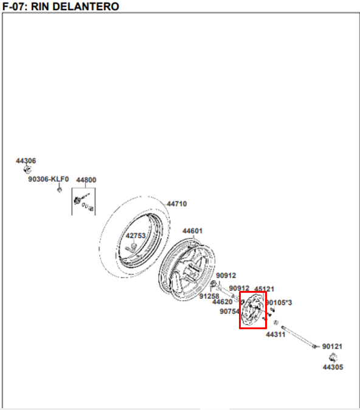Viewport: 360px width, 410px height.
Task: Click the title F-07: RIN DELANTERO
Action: pyautogui.click(x=60, y=7)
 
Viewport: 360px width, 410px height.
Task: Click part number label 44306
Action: pyautogui.click(x=26, y=160)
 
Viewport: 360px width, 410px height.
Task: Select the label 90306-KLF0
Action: pyautogui.click(x=49, y=179)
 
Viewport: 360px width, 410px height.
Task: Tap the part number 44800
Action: pyautogui.click(x=86, y=180)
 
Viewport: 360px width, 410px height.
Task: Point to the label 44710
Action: pyautogui.click(x=177, y=203)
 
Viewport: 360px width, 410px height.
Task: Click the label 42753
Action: pyautogui.click(x=136, y=236)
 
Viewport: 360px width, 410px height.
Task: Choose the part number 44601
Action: pyautogui.click(x=192, y=231)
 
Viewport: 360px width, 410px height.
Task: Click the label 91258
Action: pyautogui.click(x=209, y=296)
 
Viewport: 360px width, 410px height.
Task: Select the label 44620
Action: pyautogui.click(x=223, y=302)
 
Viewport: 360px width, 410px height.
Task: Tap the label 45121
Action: pyautogui.click(x=264, y=289)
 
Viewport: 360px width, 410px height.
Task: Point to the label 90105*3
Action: pyautogui.click(x=279, y=302)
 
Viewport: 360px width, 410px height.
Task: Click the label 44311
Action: pyautogui.click(x=275, y=335)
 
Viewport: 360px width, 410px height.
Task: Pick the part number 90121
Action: pyautogui.click(x=332, y=346)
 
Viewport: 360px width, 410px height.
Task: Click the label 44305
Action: pyautogui.click(x=333, y=367)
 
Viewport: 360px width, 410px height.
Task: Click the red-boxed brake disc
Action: pyautogui.click(x=252, y=310)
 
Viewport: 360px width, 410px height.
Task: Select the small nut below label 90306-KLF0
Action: pyautogui.click(x=60, y=190)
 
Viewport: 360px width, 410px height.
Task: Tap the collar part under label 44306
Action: pyautogui.click(x=27, y=169)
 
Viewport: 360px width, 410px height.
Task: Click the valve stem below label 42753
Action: pyautogui.click(x=131, y=247)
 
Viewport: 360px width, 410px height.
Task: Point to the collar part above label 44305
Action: pyautogui.click(x=333, y=357)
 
